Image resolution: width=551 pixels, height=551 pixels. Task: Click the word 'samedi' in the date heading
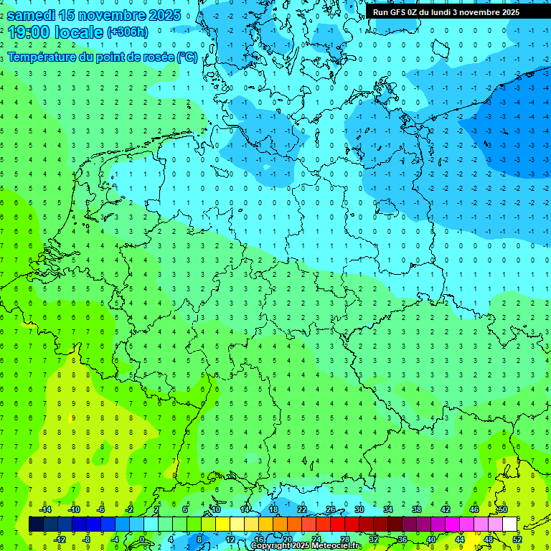(x=31, y=14)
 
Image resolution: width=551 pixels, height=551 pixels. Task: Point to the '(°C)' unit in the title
(x=187, y=57)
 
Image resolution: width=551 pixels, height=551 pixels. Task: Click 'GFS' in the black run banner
(x=399, y=12)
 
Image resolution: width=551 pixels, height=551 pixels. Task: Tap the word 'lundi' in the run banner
(x=461, y=12)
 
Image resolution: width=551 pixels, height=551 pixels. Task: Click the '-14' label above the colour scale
(x=44, y=509)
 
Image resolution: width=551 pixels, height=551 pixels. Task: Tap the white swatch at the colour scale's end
(x=510, y=524)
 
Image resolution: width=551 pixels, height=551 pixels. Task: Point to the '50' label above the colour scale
(x=503, y=509)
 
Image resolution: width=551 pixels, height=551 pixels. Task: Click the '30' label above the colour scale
(x=359, y=509)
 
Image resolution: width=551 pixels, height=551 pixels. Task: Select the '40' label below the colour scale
(x=431, y=540)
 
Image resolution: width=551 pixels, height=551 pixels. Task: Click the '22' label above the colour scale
(x=302, y=509)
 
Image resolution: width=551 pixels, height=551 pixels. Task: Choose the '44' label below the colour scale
(x=460, y=540)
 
